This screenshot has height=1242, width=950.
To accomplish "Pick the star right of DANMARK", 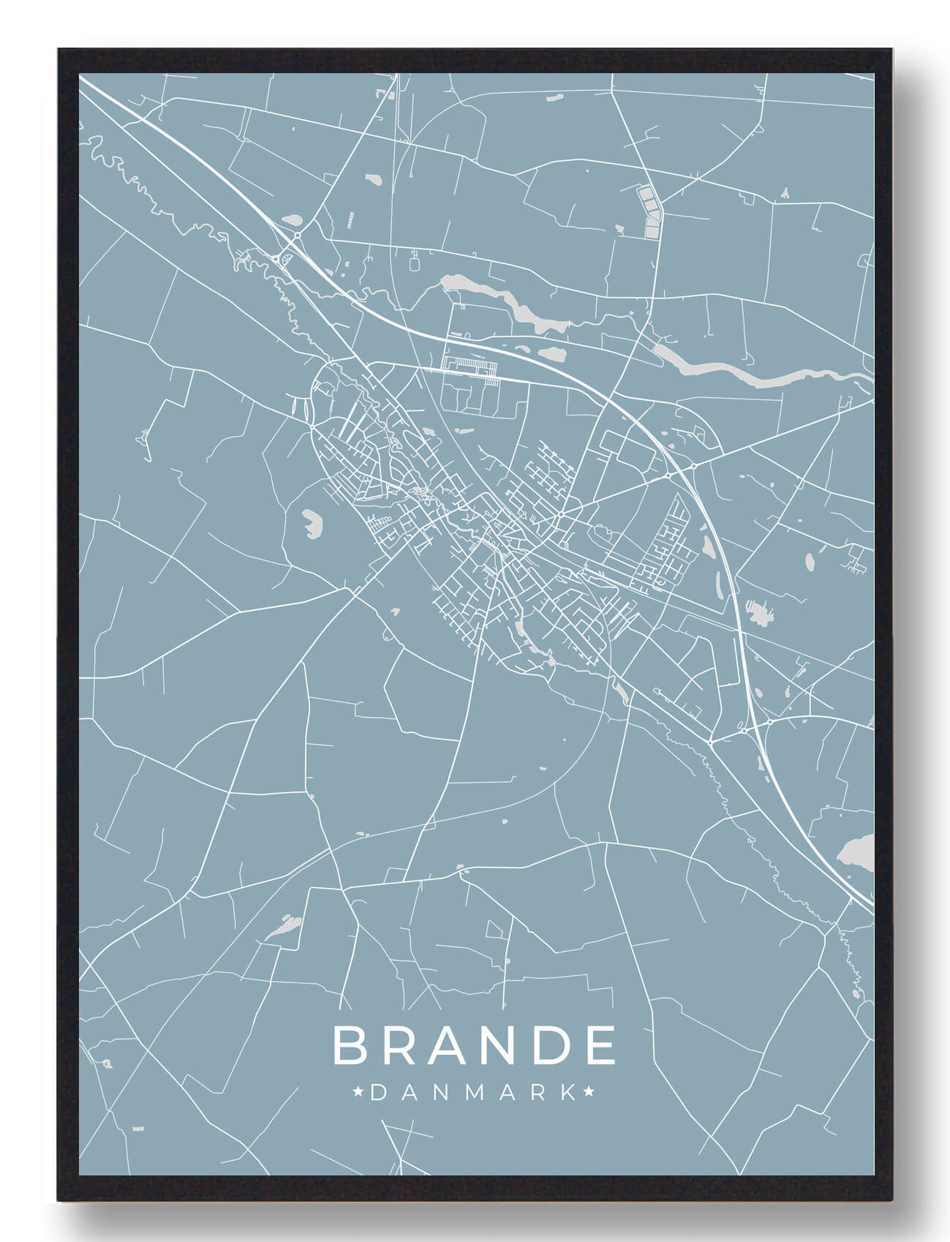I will click(590, 1093).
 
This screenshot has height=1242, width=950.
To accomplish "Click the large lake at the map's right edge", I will click(856, 853).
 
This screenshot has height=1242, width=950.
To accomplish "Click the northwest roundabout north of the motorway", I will click(298, 236).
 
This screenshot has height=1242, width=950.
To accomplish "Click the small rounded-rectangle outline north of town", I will click(416, 262).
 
